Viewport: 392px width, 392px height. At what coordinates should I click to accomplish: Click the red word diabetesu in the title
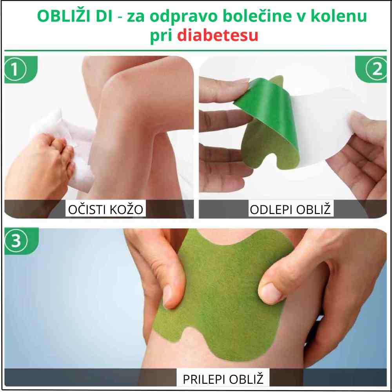(x=218, y=35)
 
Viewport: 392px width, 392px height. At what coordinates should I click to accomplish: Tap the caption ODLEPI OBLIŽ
(x=291, y=209)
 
